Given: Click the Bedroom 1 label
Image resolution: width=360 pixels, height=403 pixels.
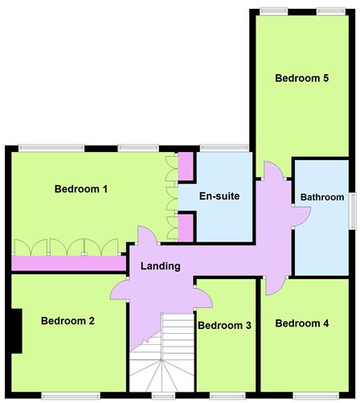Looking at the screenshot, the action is (81, 189).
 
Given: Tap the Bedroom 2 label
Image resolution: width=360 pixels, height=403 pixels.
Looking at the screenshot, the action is (67, 321).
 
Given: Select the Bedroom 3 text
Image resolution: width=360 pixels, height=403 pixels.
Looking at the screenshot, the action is (224, 326).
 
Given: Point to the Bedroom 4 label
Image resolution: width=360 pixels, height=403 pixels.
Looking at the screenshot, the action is (302, 323).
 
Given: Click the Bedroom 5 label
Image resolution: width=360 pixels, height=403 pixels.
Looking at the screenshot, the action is (302, 78).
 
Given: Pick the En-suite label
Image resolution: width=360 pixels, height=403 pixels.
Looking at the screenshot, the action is (219, 196).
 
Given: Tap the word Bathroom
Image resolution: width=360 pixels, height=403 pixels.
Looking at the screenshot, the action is (322, 197).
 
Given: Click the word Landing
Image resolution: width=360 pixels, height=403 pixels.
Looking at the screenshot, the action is (161, 266).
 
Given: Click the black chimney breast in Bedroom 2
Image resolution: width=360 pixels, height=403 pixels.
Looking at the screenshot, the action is (17, 331).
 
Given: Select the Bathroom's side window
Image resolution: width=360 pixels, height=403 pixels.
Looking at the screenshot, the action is (353, 211).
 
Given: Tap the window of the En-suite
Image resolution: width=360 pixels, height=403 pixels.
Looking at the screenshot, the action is (224, 148).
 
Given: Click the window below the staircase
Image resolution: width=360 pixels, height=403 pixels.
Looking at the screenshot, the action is (163, 396).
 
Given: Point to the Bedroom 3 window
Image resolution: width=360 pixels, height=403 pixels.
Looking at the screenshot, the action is (227, 396).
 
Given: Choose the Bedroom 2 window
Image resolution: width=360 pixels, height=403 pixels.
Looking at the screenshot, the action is (71, 396).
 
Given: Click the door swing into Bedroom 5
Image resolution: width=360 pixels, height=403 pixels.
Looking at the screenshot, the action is (273, 171).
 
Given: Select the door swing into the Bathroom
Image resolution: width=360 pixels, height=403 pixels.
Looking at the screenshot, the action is (302, 216).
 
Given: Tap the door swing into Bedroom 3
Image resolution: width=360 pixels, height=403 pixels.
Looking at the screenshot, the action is (203, 298).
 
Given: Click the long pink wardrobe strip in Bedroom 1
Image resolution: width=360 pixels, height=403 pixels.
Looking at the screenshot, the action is (69, 263).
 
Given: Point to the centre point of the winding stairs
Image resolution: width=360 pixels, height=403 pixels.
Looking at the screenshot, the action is (162, 360).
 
